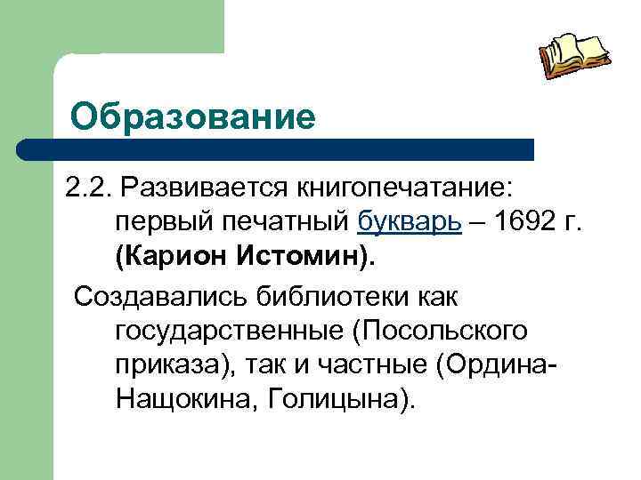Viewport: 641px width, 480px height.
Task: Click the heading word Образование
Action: [193, 116]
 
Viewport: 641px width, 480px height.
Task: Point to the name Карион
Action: [172, 258]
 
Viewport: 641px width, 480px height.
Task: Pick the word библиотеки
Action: [329, 293]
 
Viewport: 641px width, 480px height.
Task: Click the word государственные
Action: [229, 330]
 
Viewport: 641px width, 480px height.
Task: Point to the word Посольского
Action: [441, 330]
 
